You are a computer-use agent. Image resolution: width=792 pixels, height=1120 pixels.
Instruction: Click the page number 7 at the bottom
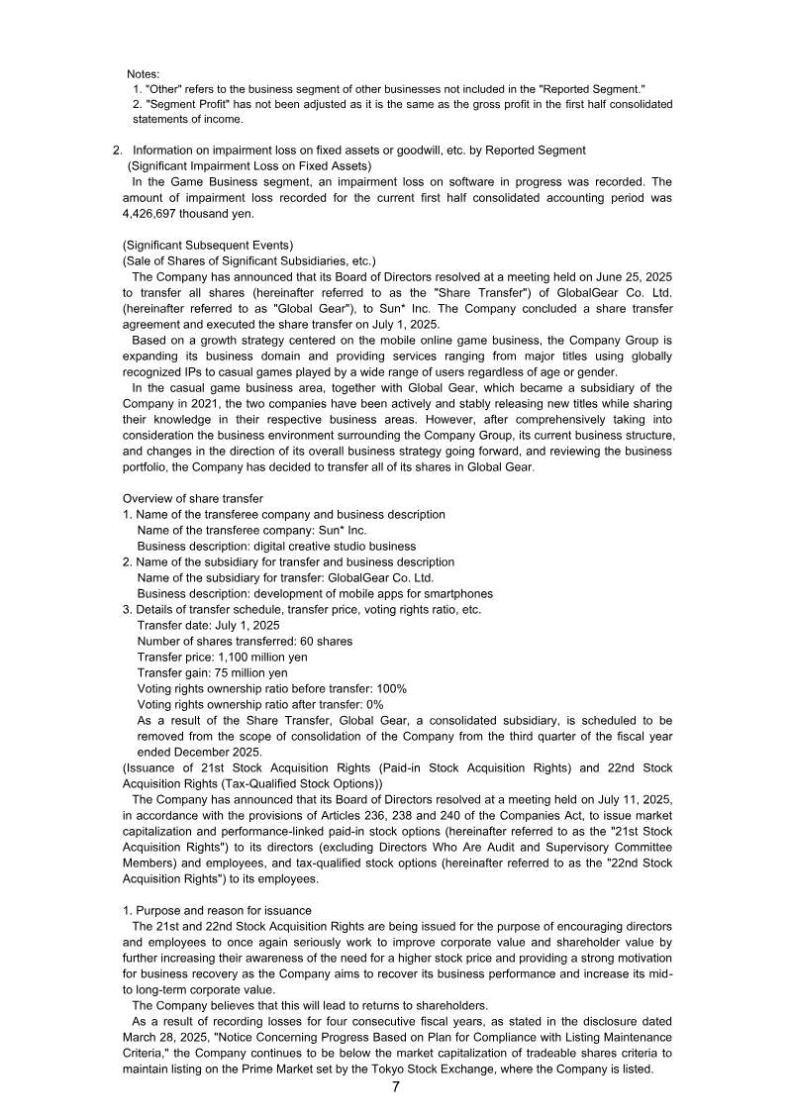(x=396, y=1086)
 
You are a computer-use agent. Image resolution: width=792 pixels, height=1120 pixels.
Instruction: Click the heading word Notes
(x=144, y=74)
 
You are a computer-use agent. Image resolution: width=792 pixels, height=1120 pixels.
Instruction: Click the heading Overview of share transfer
(x=193, y=498)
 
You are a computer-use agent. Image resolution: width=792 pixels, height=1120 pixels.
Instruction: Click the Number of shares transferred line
(x=244, y=641)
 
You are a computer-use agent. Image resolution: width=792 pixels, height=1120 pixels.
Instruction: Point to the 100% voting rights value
(x=391, y=688)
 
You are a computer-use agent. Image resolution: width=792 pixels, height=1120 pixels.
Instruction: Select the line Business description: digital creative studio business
(x=276, y=546)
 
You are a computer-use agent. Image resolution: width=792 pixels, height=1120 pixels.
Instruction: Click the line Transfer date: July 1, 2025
(x=208, y=625)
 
